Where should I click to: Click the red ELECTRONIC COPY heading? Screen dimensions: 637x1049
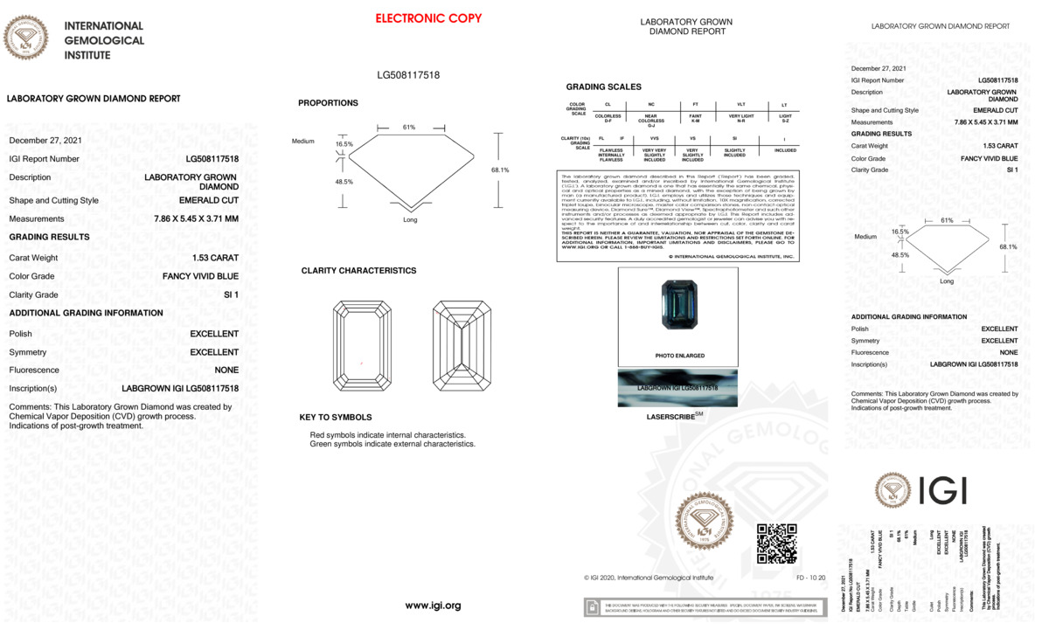pyautogui.click(x=428, y=18)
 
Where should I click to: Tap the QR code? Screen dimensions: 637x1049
pyautogui.click(x=776, y=544)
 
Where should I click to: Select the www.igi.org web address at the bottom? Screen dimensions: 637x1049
pyautogui.click(x=433, y=606)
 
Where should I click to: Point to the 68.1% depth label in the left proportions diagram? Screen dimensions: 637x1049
pyautogui.click(x=500, y=170)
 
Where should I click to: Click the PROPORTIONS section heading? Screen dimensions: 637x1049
pyautogui.click(x=328, y=103)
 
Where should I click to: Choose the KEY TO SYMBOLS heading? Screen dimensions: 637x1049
pyautogui.click(x=335, y=417)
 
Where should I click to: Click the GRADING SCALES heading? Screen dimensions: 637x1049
pyautogui.click(x=603, y=87)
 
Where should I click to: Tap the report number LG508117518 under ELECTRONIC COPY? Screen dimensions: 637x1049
pyautogui.click(x=408, y=75)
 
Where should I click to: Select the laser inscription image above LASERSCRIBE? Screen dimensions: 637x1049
pyautogui.click(x=677, y=387)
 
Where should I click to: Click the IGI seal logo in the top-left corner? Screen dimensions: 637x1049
pyautogui.click(x=26, y=38)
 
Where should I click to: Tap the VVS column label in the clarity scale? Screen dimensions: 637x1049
pyautogui.click(x=654, y=138)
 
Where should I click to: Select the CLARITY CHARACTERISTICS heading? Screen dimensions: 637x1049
pyautogui.click(x=358, y=271)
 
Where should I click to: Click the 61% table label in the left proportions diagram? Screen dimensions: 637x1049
pyautogui.click(x=409, y=128)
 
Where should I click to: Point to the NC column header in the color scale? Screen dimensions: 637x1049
pyautogui.click(x=651, y=105)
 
